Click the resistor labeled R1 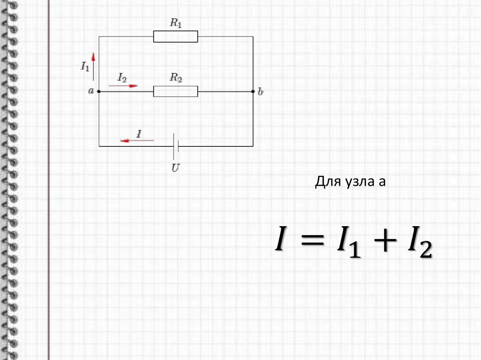click(176, 37)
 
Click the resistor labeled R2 click(176, 92)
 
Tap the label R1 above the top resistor click(176, 24)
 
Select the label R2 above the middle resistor click(176, 78)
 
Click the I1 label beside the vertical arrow click(85, 66)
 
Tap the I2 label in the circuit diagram click(122, 78)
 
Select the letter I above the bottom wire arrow click(139, 133)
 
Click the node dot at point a click(99, 92)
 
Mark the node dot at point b click(253, 92)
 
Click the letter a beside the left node click(91, 91)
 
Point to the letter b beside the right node click(261, 92)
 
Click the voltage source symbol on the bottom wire click(176, 146)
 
